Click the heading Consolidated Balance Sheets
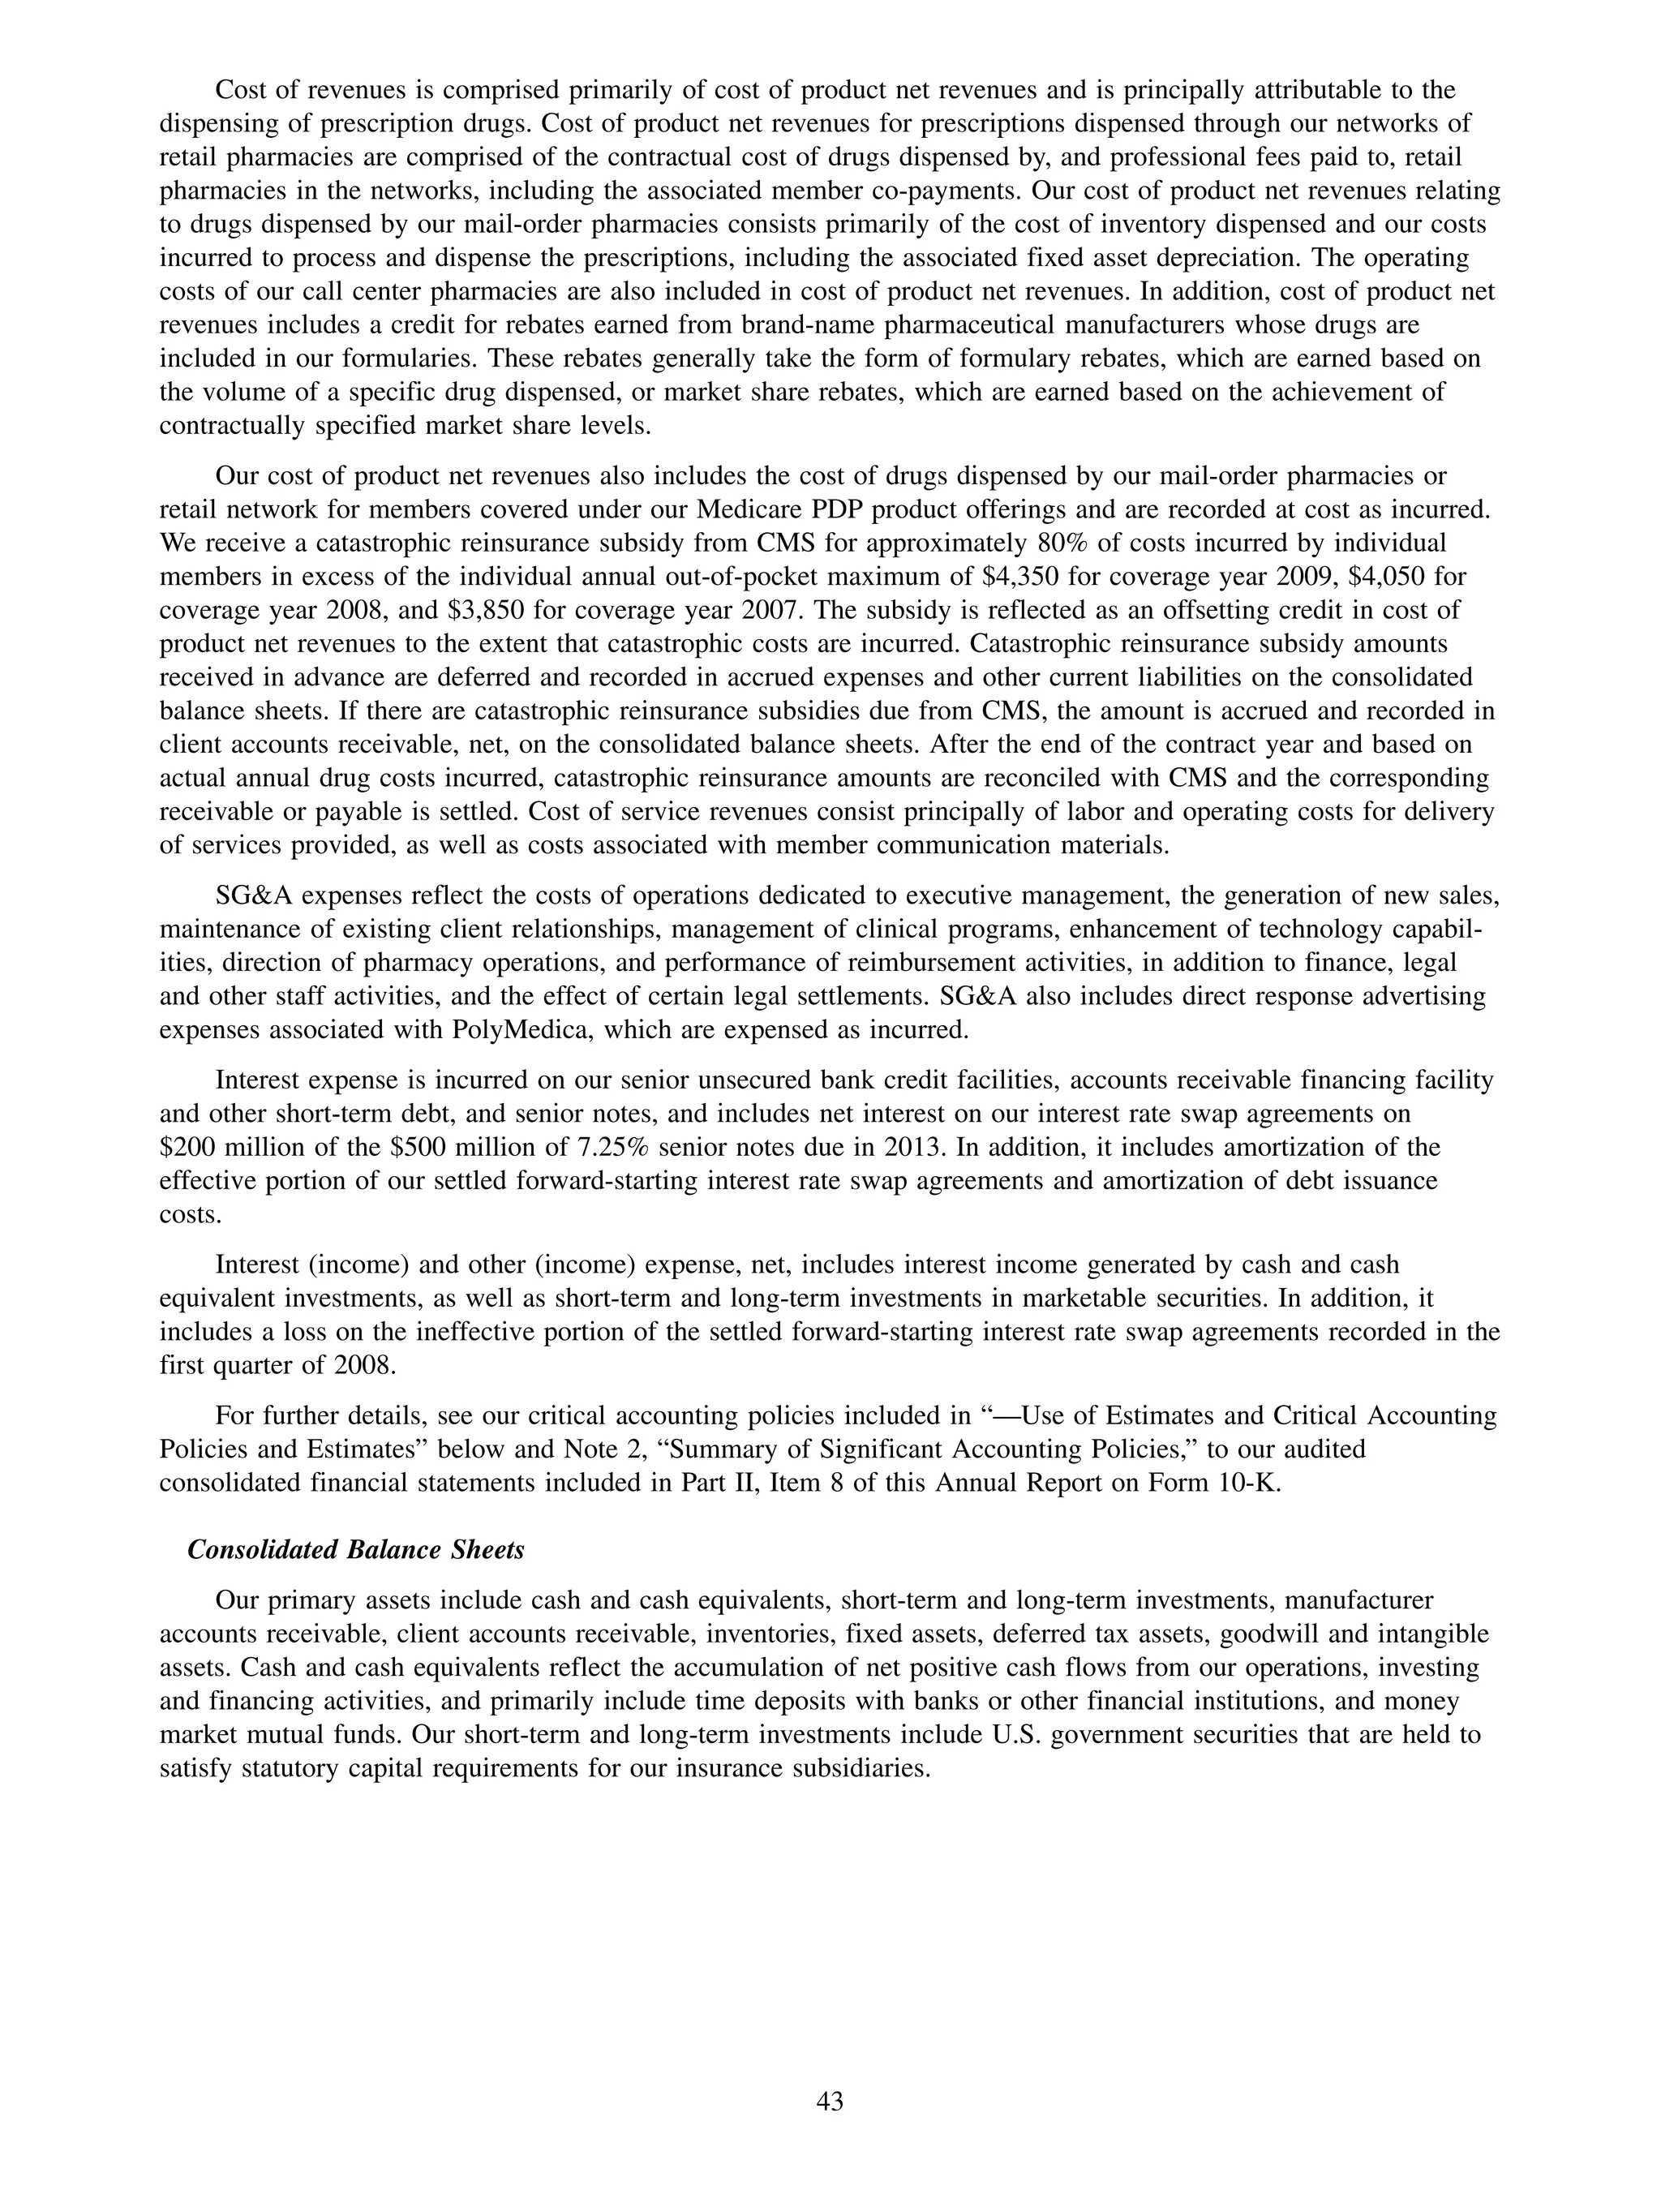tap(355, 1549)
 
